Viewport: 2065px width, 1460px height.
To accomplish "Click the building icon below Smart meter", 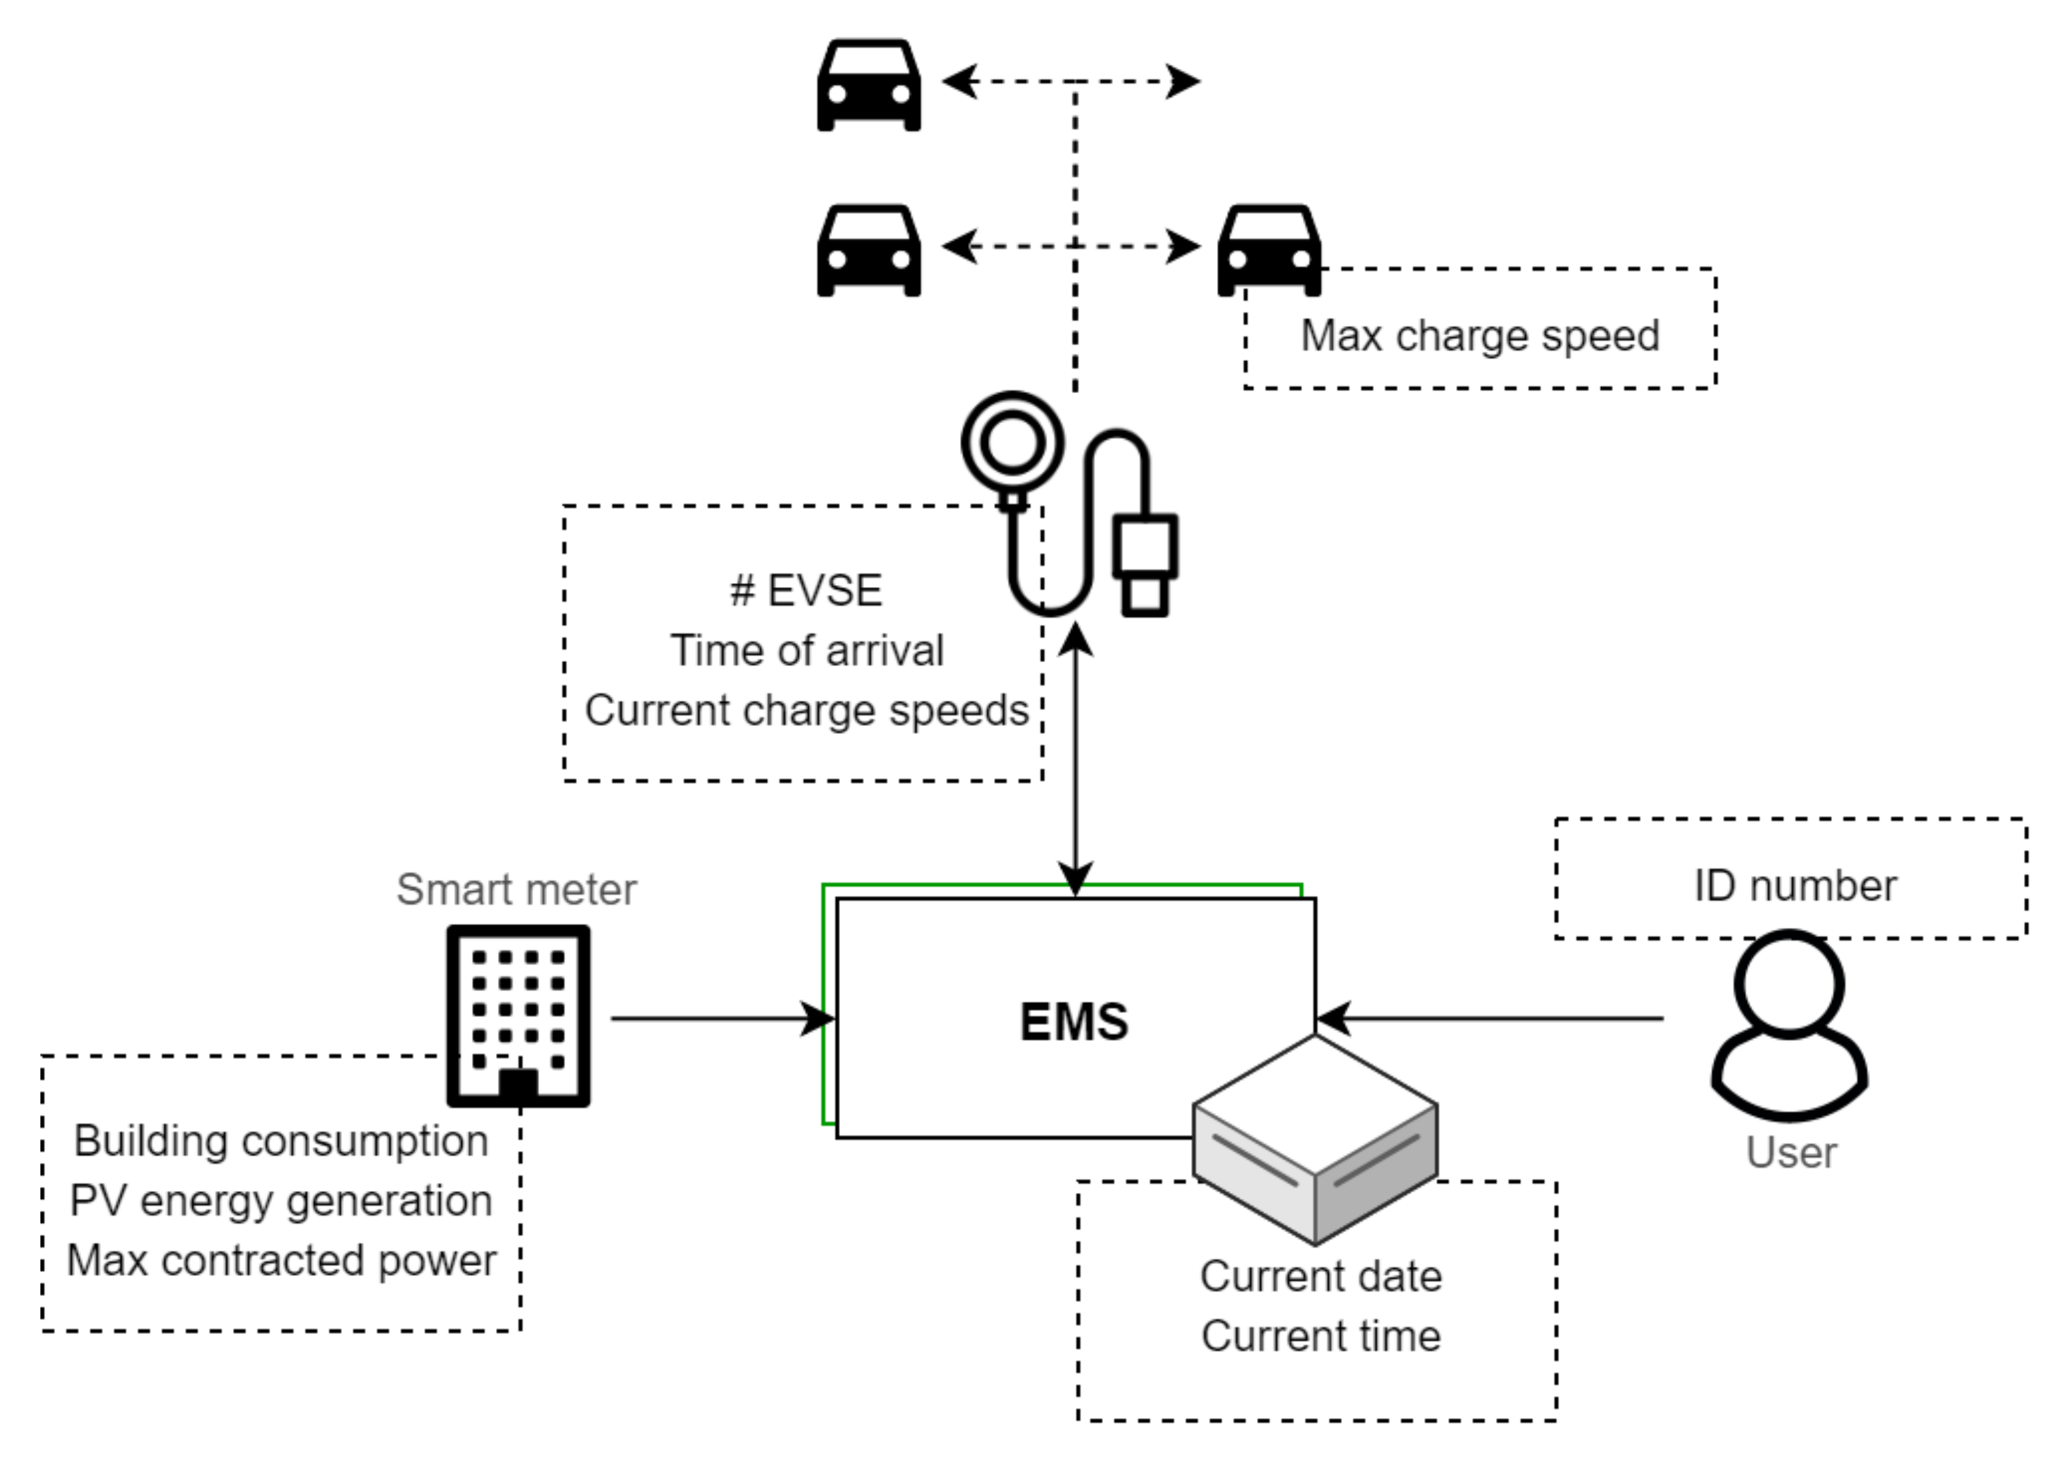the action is [519, 1015].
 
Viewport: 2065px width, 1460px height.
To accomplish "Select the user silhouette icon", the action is [1789, 1026].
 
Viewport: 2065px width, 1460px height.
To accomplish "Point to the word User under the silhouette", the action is [1791, 1152].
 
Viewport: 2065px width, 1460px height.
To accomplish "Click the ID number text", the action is [1795, 885].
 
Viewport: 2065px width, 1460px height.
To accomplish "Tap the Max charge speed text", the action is [1480, 336].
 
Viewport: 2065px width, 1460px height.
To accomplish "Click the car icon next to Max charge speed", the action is [1269, 251].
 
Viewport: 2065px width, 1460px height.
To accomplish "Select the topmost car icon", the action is [869, 85].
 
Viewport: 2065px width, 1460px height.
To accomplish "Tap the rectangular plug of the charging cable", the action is [1145, 564].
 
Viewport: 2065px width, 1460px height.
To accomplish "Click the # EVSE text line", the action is [806, 590].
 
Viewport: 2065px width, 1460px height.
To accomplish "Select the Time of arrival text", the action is [807, 650].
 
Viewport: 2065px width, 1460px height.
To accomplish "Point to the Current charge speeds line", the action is [807, 710].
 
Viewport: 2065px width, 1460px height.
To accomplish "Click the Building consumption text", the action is [281, 1141].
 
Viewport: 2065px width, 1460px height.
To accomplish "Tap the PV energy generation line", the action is [281, 1201].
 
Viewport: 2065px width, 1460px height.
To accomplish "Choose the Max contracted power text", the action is [281, 1260].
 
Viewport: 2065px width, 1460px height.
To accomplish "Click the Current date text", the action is [1320, 1276].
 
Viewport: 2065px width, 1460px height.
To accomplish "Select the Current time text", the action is [1320, 1335].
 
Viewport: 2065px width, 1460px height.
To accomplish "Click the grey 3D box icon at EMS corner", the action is [1315, 1140].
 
